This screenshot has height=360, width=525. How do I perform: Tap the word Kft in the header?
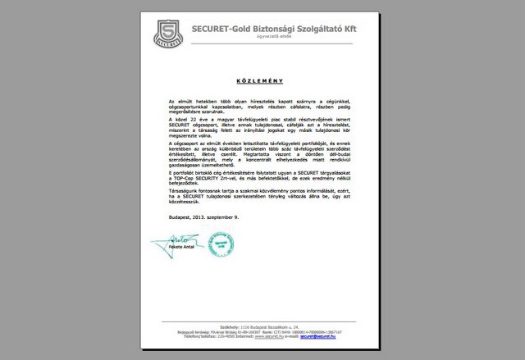pyautogui.click(x=349, y=29)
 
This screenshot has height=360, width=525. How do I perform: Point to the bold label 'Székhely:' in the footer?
pyautogui.click(x=217, y=326)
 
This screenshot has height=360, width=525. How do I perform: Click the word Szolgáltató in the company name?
pyautogui.click(x=319, y=29)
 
